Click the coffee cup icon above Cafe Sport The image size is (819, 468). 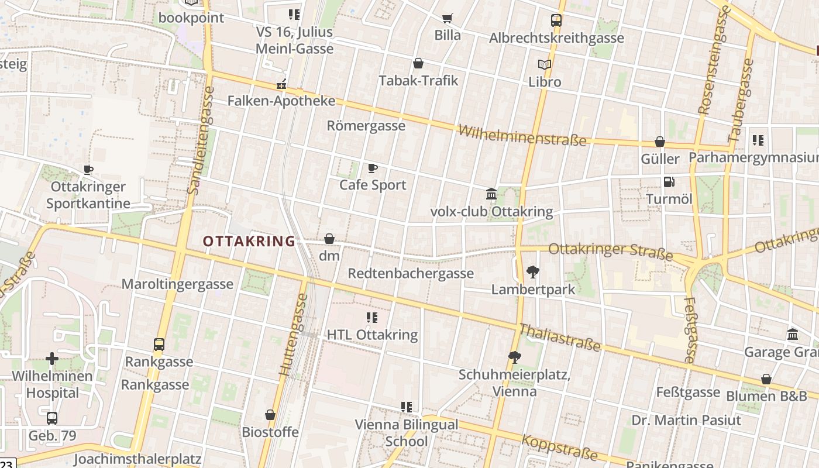coord(372,168)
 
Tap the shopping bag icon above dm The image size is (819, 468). coord(329,239)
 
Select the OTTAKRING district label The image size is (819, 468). coord(249,241)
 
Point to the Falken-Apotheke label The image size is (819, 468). coord(281,101)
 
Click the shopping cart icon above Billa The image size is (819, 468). coord(448,19)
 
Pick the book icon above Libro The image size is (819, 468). coord(545,64)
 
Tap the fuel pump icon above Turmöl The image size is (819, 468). coord(669,182)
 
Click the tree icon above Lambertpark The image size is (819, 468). coord(533,271)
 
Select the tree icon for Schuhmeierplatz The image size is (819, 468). coord(515,357)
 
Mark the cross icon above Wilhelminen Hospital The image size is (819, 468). coord(52,359)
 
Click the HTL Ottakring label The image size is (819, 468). coord(372,335)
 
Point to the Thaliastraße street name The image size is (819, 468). coord(560,338)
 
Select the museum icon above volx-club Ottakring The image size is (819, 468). coord(491,194)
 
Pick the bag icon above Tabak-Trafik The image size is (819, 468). coord(418,63)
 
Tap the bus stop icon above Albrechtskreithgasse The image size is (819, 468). coord(556,20)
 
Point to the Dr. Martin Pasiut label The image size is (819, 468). coord(686,420)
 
